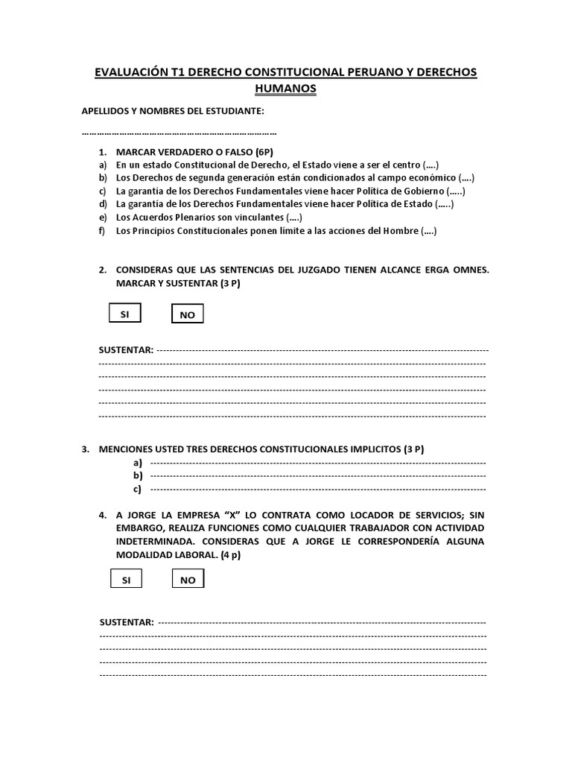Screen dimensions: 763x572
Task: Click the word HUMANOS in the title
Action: (285, 88)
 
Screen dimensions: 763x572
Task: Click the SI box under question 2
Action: (125, 314)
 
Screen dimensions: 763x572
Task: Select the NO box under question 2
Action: (187, 315)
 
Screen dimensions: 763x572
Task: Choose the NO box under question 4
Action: (188, 580)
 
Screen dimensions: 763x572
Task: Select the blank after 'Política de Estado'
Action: (445, 204)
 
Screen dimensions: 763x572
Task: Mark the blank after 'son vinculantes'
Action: (294, 218)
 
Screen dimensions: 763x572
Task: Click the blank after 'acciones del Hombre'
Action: (429, 231)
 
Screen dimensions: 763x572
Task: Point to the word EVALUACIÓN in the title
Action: (139, 72)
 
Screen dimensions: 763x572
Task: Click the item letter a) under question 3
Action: (138, 463)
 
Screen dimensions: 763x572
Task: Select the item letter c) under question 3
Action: (138, 490)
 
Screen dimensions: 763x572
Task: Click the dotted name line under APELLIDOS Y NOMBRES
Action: (179, 133)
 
